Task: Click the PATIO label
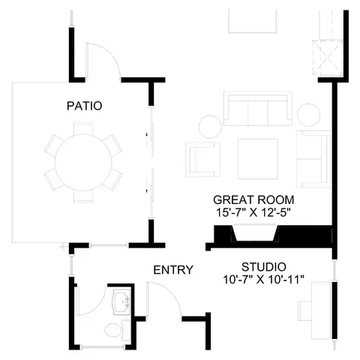[x=85, y=106]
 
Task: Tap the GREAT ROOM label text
[x=253, y=199]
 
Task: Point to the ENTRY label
[x=173, y=270]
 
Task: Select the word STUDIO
[x=264, y=267]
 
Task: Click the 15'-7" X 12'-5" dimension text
[x=253, y=213]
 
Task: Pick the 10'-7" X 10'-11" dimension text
[x=263, y=280]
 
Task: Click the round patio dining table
[x=83, y=163]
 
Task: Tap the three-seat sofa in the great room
[x=258, y=109]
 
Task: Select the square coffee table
[x=258, y=159]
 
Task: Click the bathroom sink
[x=121, y=301]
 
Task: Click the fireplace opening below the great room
[x=255, y=233]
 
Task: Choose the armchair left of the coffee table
[x=202, y=160]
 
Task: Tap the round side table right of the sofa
[x=308, y=115]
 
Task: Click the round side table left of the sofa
[x=210, y=127]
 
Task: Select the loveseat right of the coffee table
[x=313, y=159]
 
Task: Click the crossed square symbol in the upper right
[x=328, y=58]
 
